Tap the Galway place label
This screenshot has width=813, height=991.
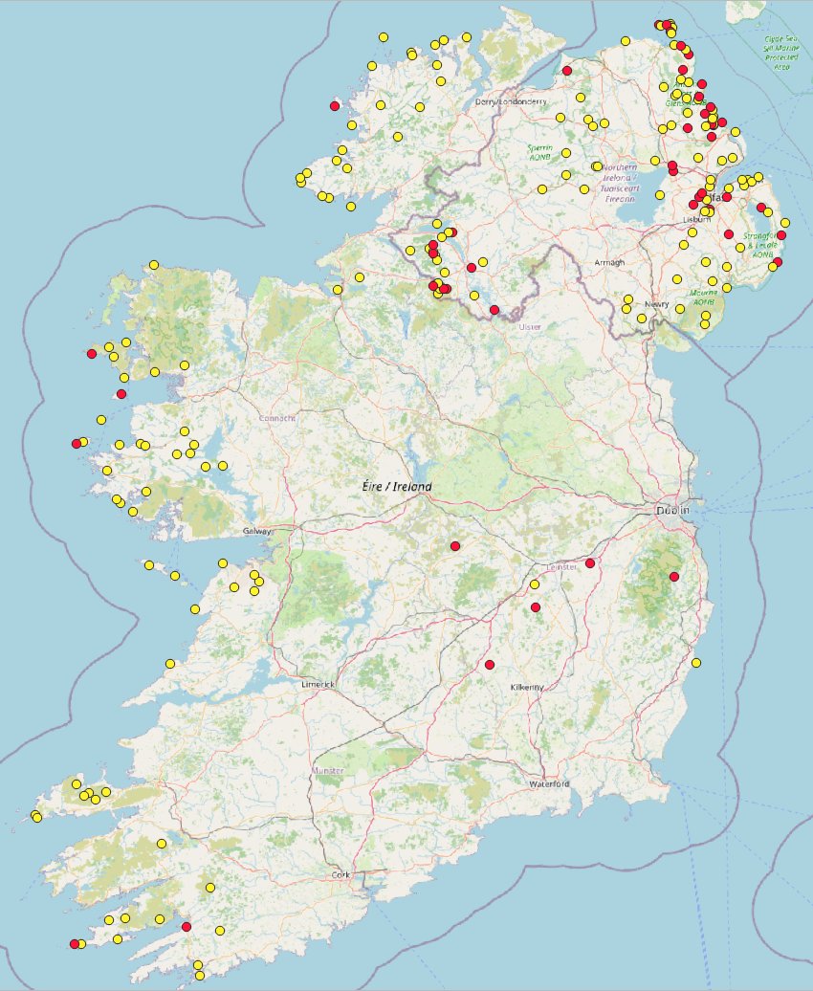pos(257,531)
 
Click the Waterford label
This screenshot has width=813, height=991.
pos(548,784)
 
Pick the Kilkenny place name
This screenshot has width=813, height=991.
pos(526,688)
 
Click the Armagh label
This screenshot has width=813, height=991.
pos(608,262)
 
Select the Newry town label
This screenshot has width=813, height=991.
pos(656,304)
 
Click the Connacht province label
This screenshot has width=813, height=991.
pos(275,418)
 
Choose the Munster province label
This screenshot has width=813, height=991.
pos(326,770)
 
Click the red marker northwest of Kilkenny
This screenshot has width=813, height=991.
pos(489,665)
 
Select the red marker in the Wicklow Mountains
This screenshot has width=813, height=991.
pos(674,576)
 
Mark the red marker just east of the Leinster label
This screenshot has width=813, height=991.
pos(590,563)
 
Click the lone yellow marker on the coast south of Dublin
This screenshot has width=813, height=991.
pos(696,663)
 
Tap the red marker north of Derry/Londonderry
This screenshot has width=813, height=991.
pos(567,71)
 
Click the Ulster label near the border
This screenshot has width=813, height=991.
pos(529,326)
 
